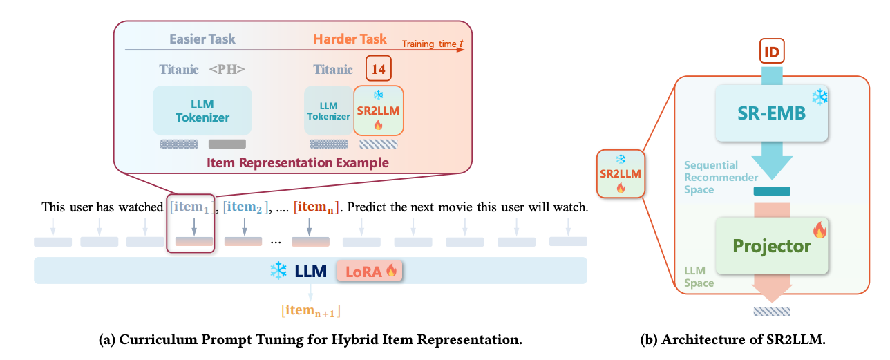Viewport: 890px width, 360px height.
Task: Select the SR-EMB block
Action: point(772,113)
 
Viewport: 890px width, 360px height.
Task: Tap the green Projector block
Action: point(772,245)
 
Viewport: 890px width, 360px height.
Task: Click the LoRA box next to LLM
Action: point(369,271)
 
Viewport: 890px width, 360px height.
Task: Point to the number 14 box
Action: point(378,69)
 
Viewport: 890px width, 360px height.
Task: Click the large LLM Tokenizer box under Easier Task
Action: point(202,110)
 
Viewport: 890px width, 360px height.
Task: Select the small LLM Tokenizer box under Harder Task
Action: point(328,111)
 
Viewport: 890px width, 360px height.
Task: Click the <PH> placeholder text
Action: point(227,69)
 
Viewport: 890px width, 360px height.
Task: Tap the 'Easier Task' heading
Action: point(198,38)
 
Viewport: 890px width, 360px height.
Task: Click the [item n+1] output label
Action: point(310,310)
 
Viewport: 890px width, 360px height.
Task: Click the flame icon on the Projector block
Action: point(820,229)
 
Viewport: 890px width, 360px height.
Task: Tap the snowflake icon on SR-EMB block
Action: point(820,97)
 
